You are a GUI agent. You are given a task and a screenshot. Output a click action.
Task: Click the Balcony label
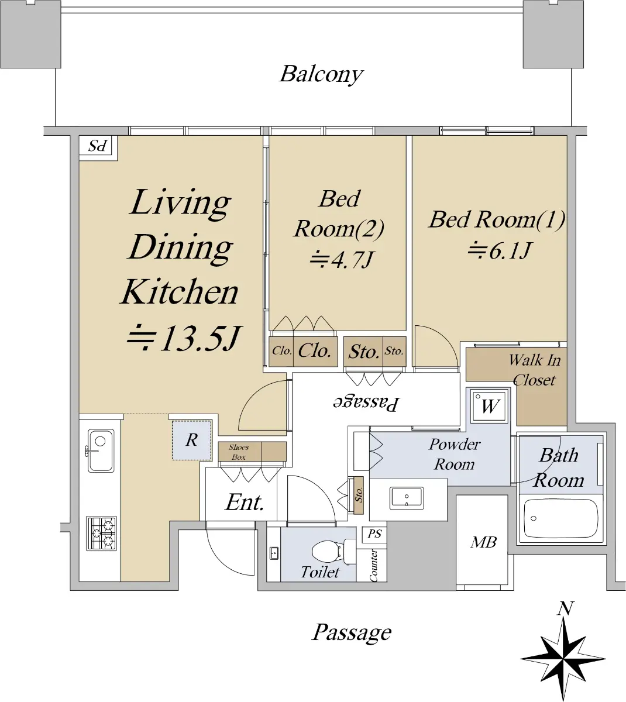(x=321, y=74)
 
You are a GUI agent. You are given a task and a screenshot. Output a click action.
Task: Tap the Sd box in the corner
(x=98, y=146)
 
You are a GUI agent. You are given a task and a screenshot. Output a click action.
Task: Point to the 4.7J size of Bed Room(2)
(x=341, y=260)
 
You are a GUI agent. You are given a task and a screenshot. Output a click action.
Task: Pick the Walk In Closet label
(x=534, y=370)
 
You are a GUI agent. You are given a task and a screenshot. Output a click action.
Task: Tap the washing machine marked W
(x=489, y=406)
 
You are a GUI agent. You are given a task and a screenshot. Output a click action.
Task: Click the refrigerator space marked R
(x=192, y=440)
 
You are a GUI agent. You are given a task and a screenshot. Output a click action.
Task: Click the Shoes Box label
(x=239, y=452)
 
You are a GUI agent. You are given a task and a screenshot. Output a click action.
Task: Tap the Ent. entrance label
(x=245, y=503)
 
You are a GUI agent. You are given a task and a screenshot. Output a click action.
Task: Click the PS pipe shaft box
(x=374, y=534)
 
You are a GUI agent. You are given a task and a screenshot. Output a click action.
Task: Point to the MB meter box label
(x=483, y=542)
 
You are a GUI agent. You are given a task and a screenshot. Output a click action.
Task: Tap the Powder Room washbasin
(x=406, y=498)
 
